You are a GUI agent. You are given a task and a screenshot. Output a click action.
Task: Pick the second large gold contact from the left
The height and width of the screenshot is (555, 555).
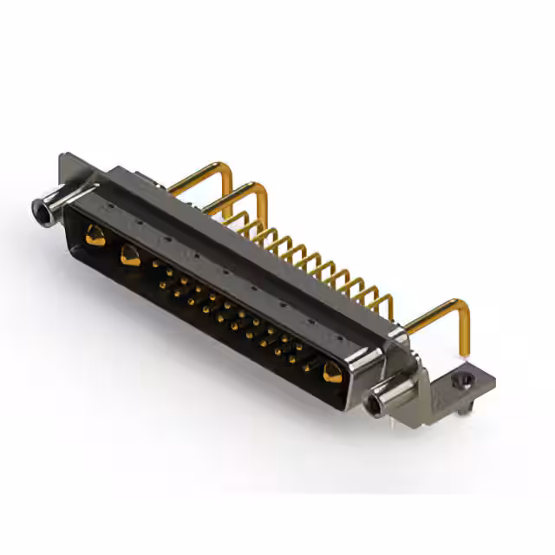(x=131, y=256)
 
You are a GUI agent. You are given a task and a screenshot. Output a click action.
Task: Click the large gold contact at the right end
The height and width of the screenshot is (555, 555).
(x=331, y=373)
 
